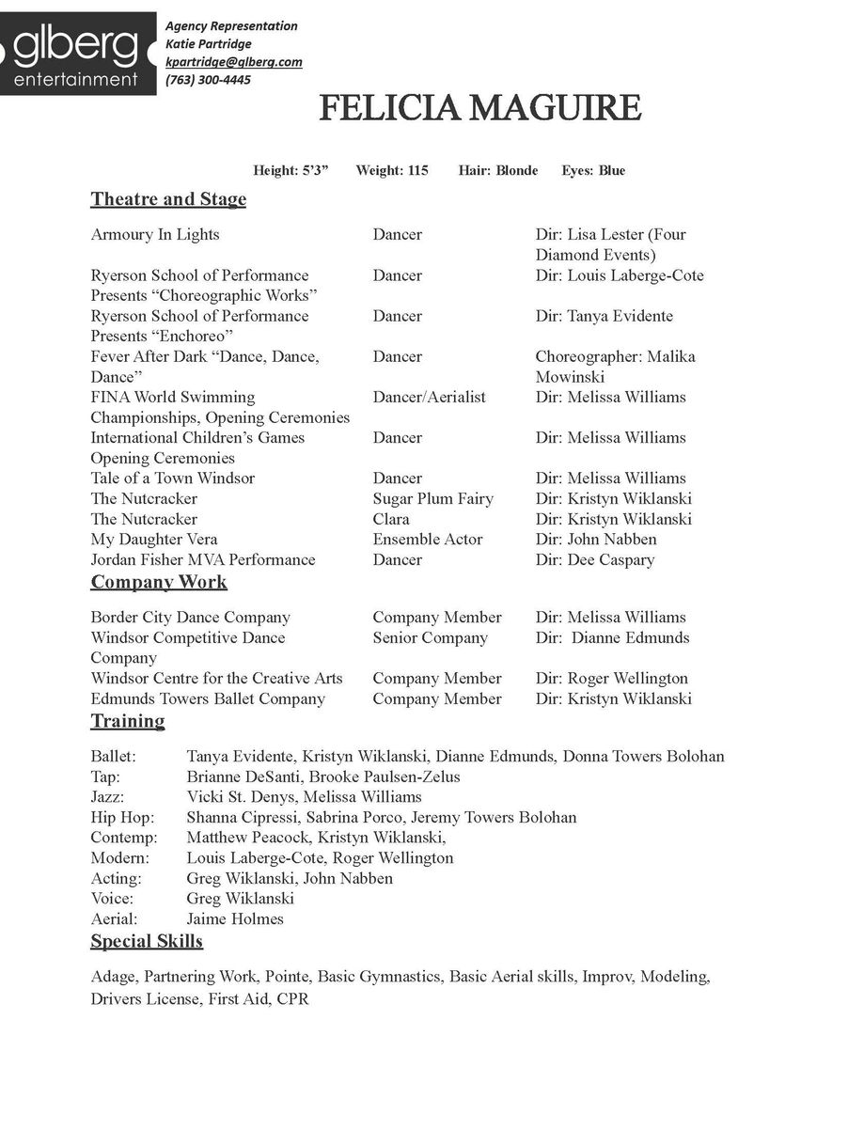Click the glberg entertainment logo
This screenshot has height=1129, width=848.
click(77, 54)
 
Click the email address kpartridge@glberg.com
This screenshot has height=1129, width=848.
click(233, 62)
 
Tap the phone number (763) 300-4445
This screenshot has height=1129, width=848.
click(208, 80)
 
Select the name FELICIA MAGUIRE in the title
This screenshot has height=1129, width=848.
click(479, 109)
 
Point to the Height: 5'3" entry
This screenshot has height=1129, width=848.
click(291, 170)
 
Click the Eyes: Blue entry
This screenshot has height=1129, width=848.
click(593, 170)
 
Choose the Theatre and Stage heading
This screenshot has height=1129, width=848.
click(168, 199)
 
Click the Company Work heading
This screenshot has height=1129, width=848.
click(158, 582)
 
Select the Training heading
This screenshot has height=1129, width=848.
click(127, 721)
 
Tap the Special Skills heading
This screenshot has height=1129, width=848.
click(147, 941)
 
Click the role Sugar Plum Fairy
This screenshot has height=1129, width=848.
click(432, 498)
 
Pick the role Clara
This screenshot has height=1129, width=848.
click(391, 519)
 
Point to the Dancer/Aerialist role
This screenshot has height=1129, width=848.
click(429, 397)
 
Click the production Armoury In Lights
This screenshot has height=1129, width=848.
click(154, 234)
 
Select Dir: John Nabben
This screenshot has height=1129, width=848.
click(596, 539)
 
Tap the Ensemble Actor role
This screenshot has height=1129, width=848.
click(427, 539)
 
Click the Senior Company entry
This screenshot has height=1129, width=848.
click(430, 637)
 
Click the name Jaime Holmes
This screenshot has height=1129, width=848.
click(234, 918)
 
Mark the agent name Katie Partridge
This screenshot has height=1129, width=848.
click(208, 44)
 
